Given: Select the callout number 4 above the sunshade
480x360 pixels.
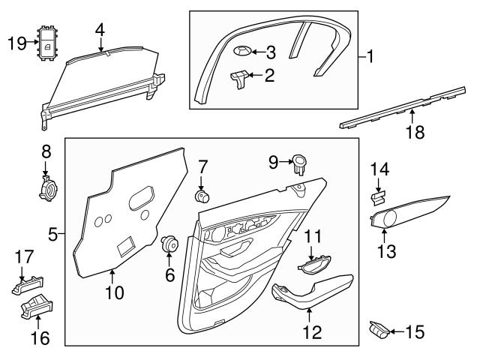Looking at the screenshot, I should (x=100, y=29).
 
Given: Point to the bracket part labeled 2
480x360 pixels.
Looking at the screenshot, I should (x=241, y=77).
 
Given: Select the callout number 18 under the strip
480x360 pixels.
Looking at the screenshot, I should (x=415, y=133).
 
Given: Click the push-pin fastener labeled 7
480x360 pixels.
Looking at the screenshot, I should (x=201, y=197).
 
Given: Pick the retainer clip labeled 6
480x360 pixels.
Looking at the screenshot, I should (x=170, y=244).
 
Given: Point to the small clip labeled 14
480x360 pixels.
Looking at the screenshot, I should (x=378, y=197).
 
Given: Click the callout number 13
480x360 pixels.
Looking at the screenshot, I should (x=386, y=250).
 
